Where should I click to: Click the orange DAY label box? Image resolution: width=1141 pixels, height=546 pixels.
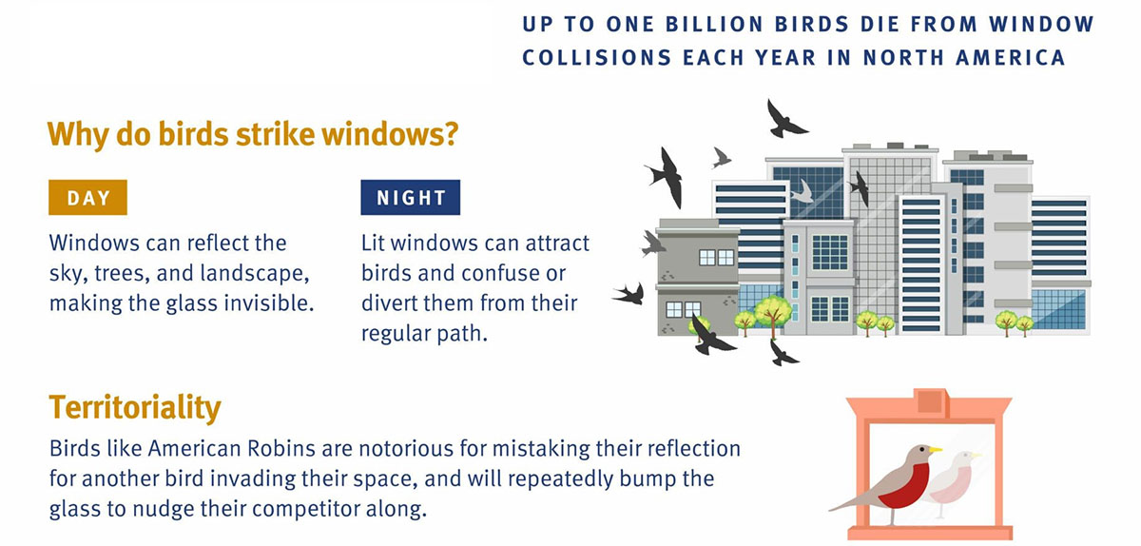pyautogui.click(x=87, y=197)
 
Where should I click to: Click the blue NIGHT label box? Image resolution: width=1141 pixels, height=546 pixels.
pyautogui.click(x=411, y=197)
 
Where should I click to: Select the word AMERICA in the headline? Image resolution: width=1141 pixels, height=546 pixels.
pyautogui.click(x=1010, y=58)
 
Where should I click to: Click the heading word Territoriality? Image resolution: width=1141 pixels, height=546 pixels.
pyautogui.click(x=135, y=407)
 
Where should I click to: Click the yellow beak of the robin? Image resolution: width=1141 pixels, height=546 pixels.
pyautogui.click(x=935, y=450)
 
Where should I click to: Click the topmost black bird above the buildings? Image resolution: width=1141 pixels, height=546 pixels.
pyautogui.click(x=784, y=120)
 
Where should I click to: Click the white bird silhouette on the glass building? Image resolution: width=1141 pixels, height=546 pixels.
pyautogui.click(x=803, y=192)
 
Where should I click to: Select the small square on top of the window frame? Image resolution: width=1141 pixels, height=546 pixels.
pyautogui.click(x=930, y=401)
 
